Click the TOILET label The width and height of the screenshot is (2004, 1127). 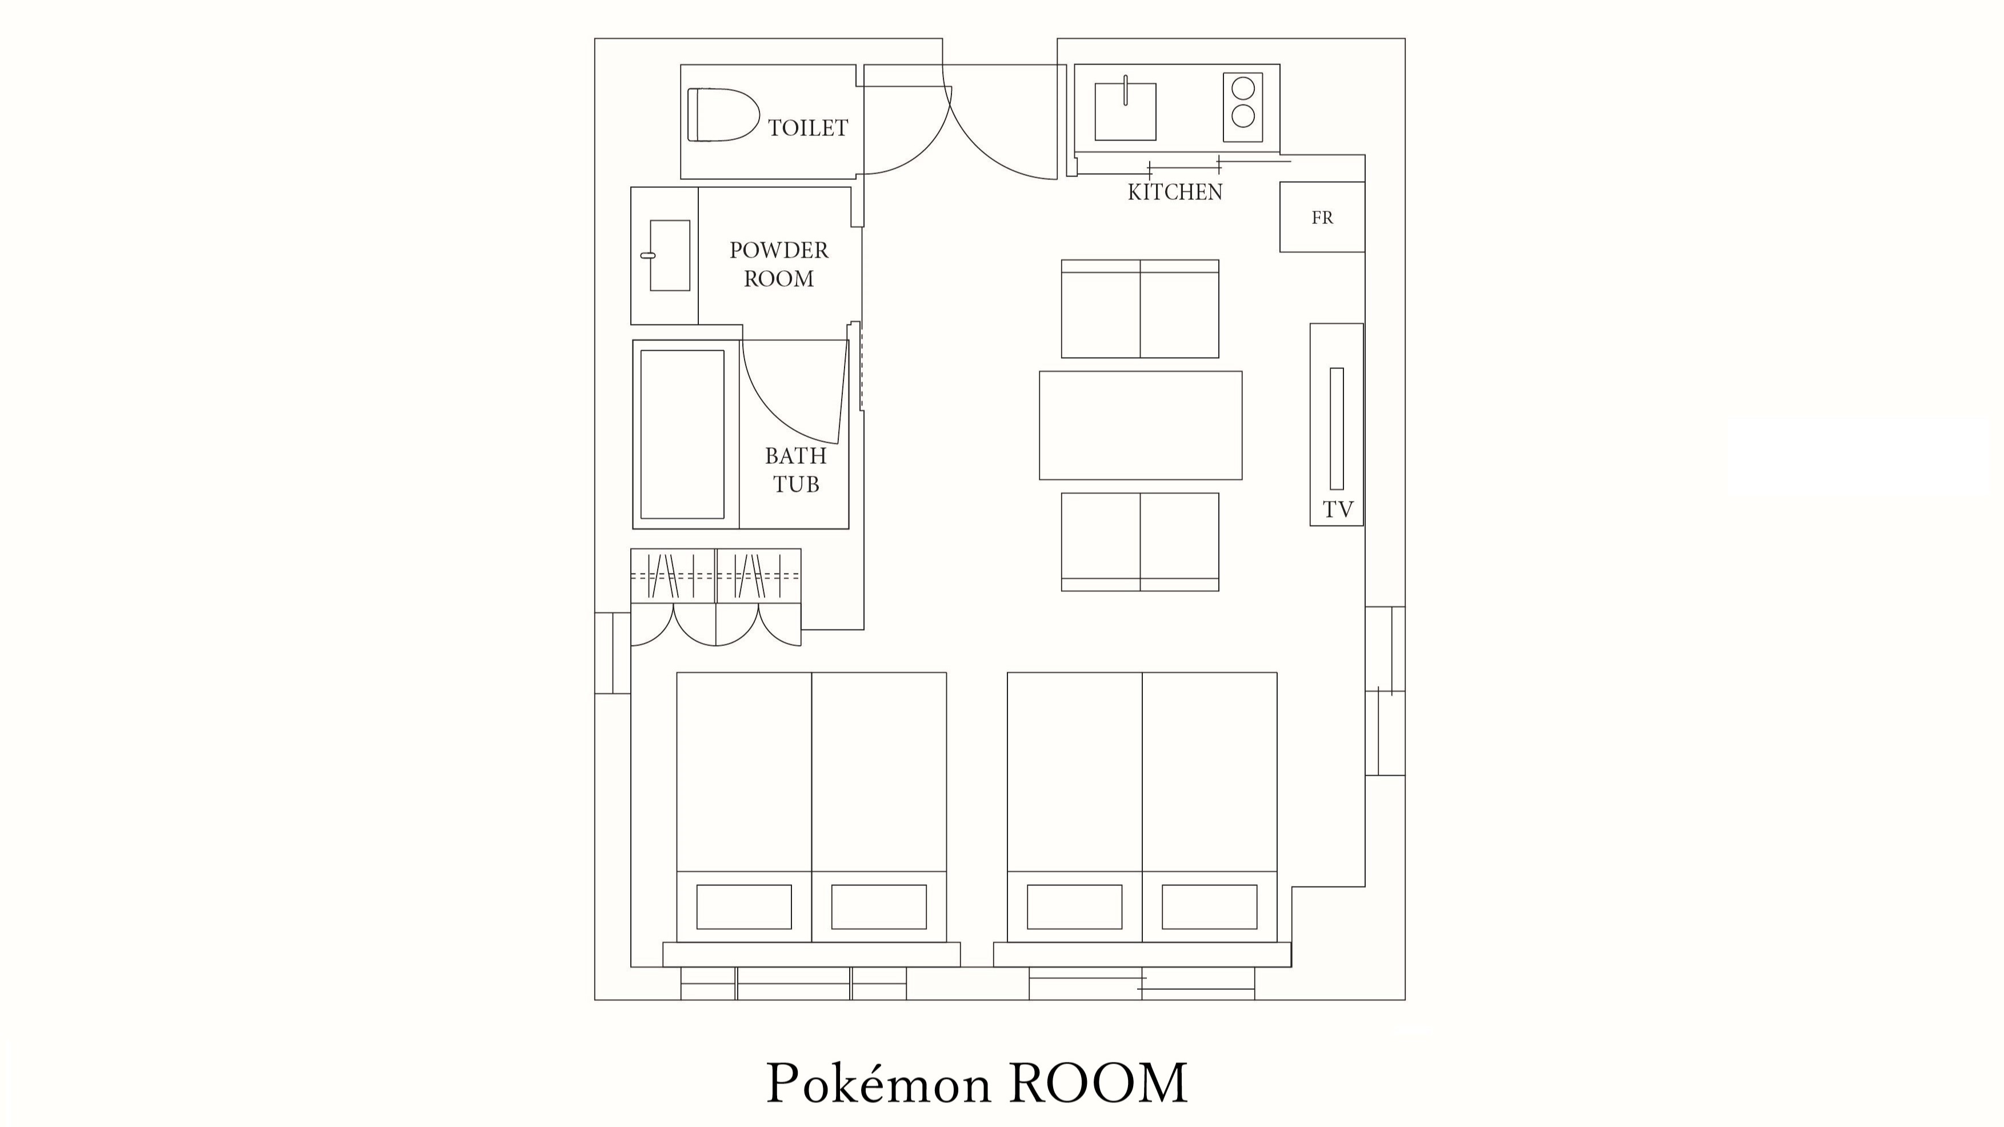coord(807,127)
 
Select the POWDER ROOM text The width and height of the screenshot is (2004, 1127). coord(779,264)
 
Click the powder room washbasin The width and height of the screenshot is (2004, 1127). coord(669,255)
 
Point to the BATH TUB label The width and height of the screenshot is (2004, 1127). coord(795,470)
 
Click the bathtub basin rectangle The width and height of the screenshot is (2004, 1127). coord(682,434)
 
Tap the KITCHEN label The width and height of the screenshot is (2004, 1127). coord(1175,192)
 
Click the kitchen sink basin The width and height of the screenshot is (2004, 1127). coord(1125,112)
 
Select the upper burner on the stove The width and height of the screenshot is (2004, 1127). coord(1242,88)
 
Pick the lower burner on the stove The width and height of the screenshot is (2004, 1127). coord(1242,117)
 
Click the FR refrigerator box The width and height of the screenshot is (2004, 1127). coord(1322,218)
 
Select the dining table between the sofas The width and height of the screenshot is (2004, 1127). coord(1141,426)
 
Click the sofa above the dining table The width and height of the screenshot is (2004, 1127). coord(1139,310)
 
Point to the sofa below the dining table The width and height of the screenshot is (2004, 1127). coord(1139,542)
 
